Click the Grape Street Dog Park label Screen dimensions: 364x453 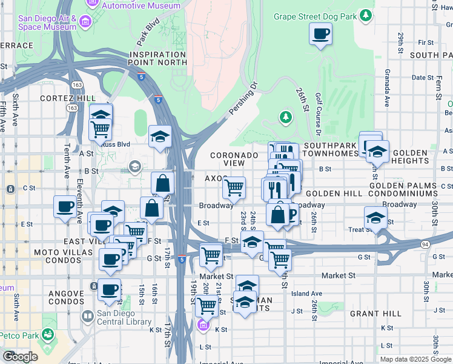pyautogui.click(x=314, y=17)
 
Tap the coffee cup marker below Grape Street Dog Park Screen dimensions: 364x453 pyautogui.click(x=320, y=34)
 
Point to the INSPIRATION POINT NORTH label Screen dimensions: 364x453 pyautogui.click(x=158, y=58)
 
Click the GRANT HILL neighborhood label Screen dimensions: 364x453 pyautogui.click(x=375, y=314)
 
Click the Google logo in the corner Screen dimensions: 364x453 pyautogui.click(x=20, y=356)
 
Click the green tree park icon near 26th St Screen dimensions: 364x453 pyautogui.click(x=285, y=116)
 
